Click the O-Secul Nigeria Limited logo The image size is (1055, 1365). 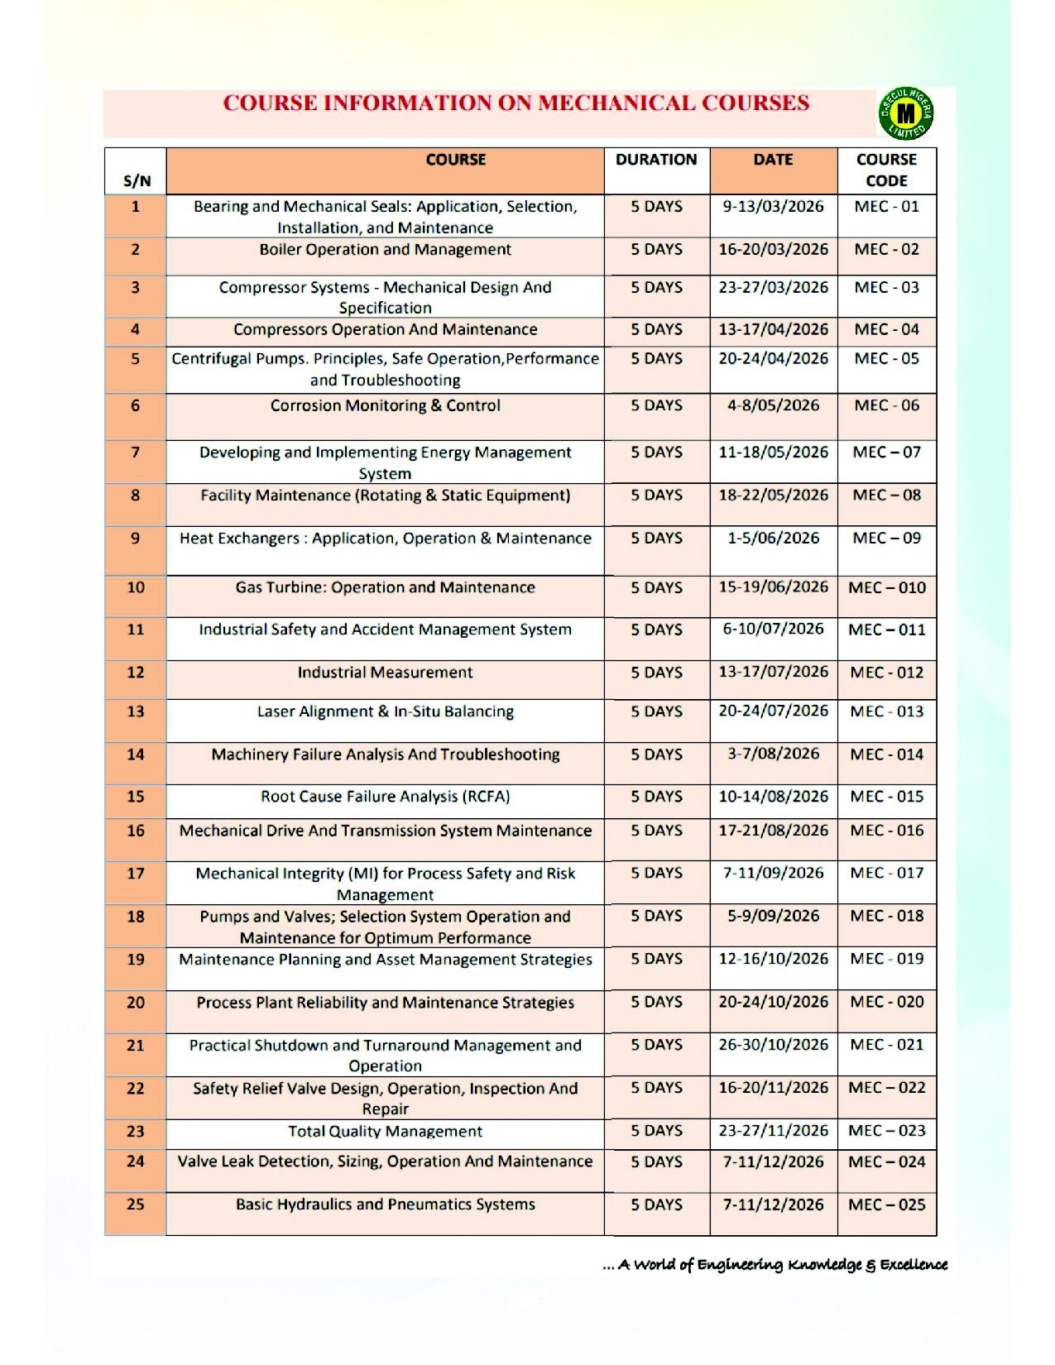pos(906,113)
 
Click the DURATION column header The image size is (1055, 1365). pos(656,160)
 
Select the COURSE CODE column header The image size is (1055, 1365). pos(886,170)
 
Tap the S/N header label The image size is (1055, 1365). pos(137,181)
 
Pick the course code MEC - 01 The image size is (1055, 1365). pos(886,207)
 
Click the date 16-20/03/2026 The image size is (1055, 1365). pos(773,250)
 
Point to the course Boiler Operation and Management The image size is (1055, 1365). pos(385,250)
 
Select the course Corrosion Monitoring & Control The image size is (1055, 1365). pos(385,405)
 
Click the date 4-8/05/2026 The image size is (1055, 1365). pos(773,405)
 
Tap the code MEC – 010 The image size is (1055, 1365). pos(886,587)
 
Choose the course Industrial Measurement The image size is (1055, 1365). pos(385,673)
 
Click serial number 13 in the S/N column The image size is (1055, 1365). pos(136,711)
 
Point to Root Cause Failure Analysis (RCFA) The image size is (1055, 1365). pos(385,797)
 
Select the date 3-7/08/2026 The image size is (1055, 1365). pos(773,754)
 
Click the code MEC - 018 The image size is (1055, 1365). pos(886,916)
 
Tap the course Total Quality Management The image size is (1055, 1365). pos(385,1131)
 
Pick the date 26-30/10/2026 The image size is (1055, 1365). pos(773,1045)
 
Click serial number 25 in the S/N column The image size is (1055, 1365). pos(136,1205)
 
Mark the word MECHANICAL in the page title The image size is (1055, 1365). pos(616,103)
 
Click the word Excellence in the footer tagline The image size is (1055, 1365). pos(914,1264)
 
